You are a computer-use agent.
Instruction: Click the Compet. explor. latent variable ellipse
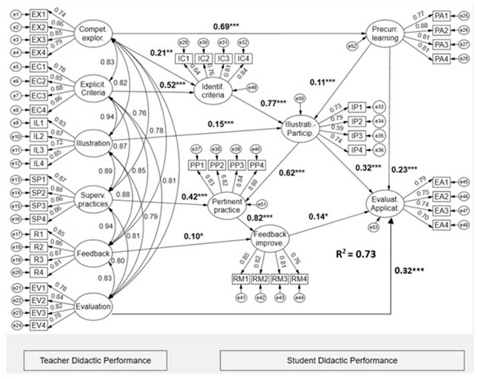coord(93,34)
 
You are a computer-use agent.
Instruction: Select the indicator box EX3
coord(39,40)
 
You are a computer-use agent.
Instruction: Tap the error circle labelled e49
coord(252,88)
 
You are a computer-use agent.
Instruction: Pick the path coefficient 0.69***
coord(226,27)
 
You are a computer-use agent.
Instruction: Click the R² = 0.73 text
coord(356,254)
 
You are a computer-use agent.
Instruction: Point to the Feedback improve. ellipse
coord(270,239)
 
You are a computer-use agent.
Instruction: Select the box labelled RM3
coord(279,279)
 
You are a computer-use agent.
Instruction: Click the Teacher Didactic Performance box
coord(95,361)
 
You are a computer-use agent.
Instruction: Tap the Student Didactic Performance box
coord(342,361)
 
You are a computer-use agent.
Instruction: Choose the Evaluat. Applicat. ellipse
coord(385,204)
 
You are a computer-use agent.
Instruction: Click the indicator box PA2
coord(441,30)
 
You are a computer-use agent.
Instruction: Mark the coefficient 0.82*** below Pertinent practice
coord(259,218)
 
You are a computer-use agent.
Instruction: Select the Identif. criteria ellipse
coord(213,91)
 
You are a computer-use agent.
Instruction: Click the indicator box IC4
coord(243,59)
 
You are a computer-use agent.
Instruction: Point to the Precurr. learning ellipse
coord(385,34)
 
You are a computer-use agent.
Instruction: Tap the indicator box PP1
coord(197,165)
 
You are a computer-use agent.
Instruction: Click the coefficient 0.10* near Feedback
coord(193,237)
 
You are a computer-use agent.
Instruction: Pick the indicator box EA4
coord(441,225)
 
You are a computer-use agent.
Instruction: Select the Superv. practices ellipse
coord(93,200)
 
